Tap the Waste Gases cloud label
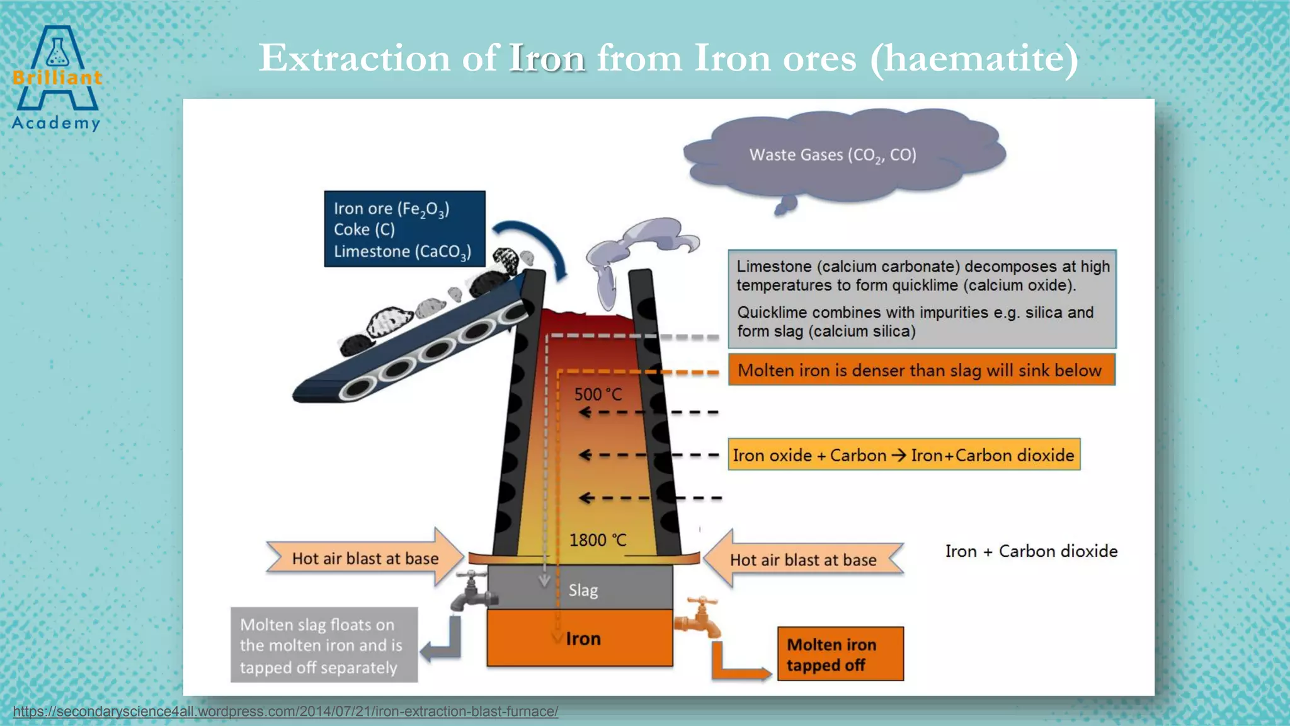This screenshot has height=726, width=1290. tap(832, 155)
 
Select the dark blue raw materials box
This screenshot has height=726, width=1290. tap(404, 229)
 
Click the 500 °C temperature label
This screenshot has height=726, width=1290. tap(597, 395)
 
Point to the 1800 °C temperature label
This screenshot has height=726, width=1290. tap(597, 540)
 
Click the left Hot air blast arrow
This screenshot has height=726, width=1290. tap(365, 558)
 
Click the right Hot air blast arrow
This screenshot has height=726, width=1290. tap(803, 560)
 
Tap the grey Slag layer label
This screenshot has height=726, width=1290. tap(583, 591)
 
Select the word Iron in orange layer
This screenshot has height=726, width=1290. tap(583, 639)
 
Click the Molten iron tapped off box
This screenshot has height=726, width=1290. tap(840, 654)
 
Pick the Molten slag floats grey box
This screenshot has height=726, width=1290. tap(324, 645)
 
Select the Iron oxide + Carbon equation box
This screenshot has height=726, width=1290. tap(903, 455)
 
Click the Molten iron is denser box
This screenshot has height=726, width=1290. tap(921, 370)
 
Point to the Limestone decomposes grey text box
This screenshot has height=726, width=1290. tap(922, 299)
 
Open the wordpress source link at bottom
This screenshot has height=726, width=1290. tap(285, 712)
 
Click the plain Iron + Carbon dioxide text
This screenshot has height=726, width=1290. tap(1031, 551)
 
